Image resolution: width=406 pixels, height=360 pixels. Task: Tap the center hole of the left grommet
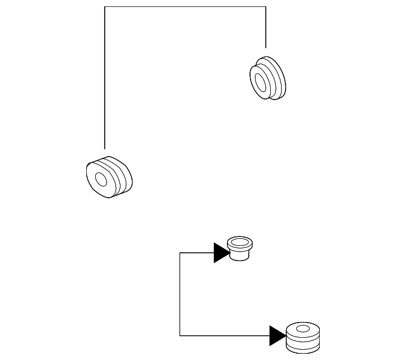(100, 178)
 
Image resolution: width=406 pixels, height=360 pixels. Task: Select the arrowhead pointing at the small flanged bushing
(221, 253)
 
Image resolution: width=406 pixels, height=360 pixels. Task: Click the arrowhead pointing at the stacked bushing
(277, 335)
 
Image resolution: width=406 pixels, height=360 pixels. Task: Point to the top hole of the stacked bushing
(303, 329)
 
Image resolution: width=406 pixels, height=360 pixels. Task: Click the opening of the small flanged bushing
(239, 242)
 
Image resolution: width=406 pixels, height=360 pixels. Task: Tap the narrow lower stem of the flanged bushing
(239, 255)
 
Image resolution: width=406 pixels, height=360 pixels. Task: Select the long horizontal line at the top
(184, 6)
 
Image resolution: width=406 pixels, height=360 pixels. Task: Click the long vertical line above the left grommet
(104, 76)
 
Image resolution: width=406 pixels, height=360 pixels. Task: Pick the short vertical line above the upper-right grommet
(266, 29)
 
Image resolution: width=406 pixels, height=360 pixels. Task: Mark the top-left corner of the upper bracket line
(104, 6)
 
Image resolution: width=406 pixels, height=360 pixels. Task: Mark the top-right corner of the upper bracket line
(266, 6)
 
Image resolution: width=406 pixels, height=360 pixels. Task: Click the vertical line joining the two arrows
(181, 295)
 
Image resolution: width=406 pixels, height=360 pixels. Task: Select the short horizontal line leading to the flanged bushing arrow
(197, 253)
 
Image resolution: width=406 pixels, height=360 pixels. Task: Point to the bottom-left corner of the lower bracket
(181, 335)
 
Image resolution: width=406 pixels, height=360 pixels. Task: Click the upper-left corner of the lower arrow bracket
(181, 253)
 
